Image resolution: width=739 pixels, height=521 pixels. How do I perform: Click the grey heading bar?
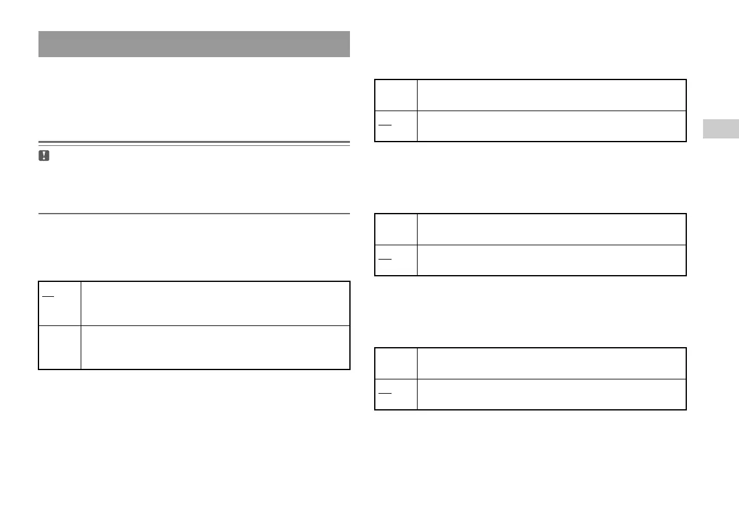[x=194, y=44]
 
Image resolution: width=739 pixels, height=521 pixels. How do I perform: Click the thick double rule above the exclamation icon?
[x=194, y=143]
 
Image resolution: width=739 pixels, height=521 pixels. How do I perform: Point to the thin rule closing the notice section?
[x=194, y=214]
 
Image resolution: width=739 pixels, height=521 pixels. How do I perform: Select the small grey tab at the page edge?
[x=721, y=129]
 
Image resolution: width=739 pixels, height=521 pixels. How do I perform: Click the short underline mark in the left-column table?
[x=47, y=294]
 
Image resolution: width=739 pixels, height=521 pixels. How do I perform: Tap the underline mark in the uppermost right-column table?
[x=385, y=125]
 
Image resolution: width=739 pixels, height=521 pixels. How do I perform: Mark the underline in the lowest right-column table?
[x=385, y=393]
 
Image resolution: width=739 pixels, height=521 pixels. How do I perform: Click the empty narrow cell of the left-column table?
[x=60, y=347]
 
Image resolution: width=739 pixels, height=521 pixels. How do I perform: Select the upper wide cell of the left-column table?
[x=215, y=303]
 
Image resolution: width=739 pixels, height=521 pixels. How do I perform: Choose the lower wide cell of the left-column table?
[x=215, y=347]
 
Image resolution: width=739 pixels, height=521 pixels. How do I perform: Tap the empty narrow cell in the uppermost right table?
[x=396, y=95]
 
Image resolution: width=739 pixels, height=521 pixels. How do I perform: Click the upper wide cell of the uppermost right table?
[x=552, y=95]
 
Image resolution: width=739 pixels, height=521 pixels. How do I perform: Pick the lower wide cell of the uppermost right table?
[x=552, y=126]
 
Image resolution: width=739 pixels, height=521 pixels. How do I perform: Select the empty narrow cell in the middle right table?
[x=396, y=229]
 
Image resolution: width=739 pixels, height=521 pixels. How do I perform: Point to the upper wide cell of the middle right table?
[x=552, y=229]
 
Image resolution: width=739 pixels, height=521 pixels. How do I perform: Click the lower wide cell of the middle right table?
[x=552, y=260]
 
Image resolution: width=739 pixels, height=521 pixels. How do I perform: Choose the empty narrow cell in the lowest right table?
[x=396, y=363]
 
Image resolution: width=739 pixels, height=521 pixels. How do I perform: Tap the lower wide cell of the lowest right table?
[x=552, y=394]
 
